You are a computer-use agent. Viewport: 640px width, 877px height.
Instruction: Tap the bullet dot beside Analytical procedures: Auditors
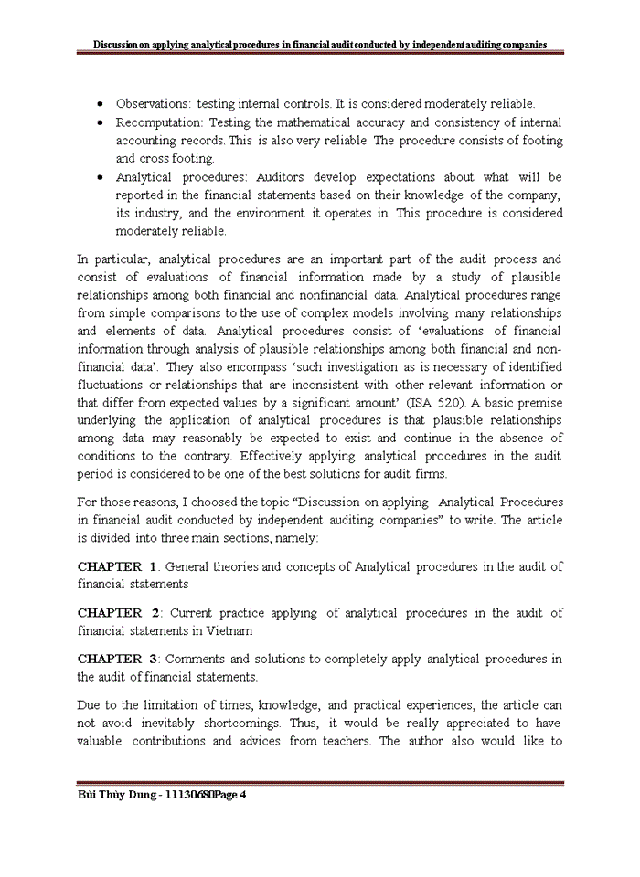pos(99,177)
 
